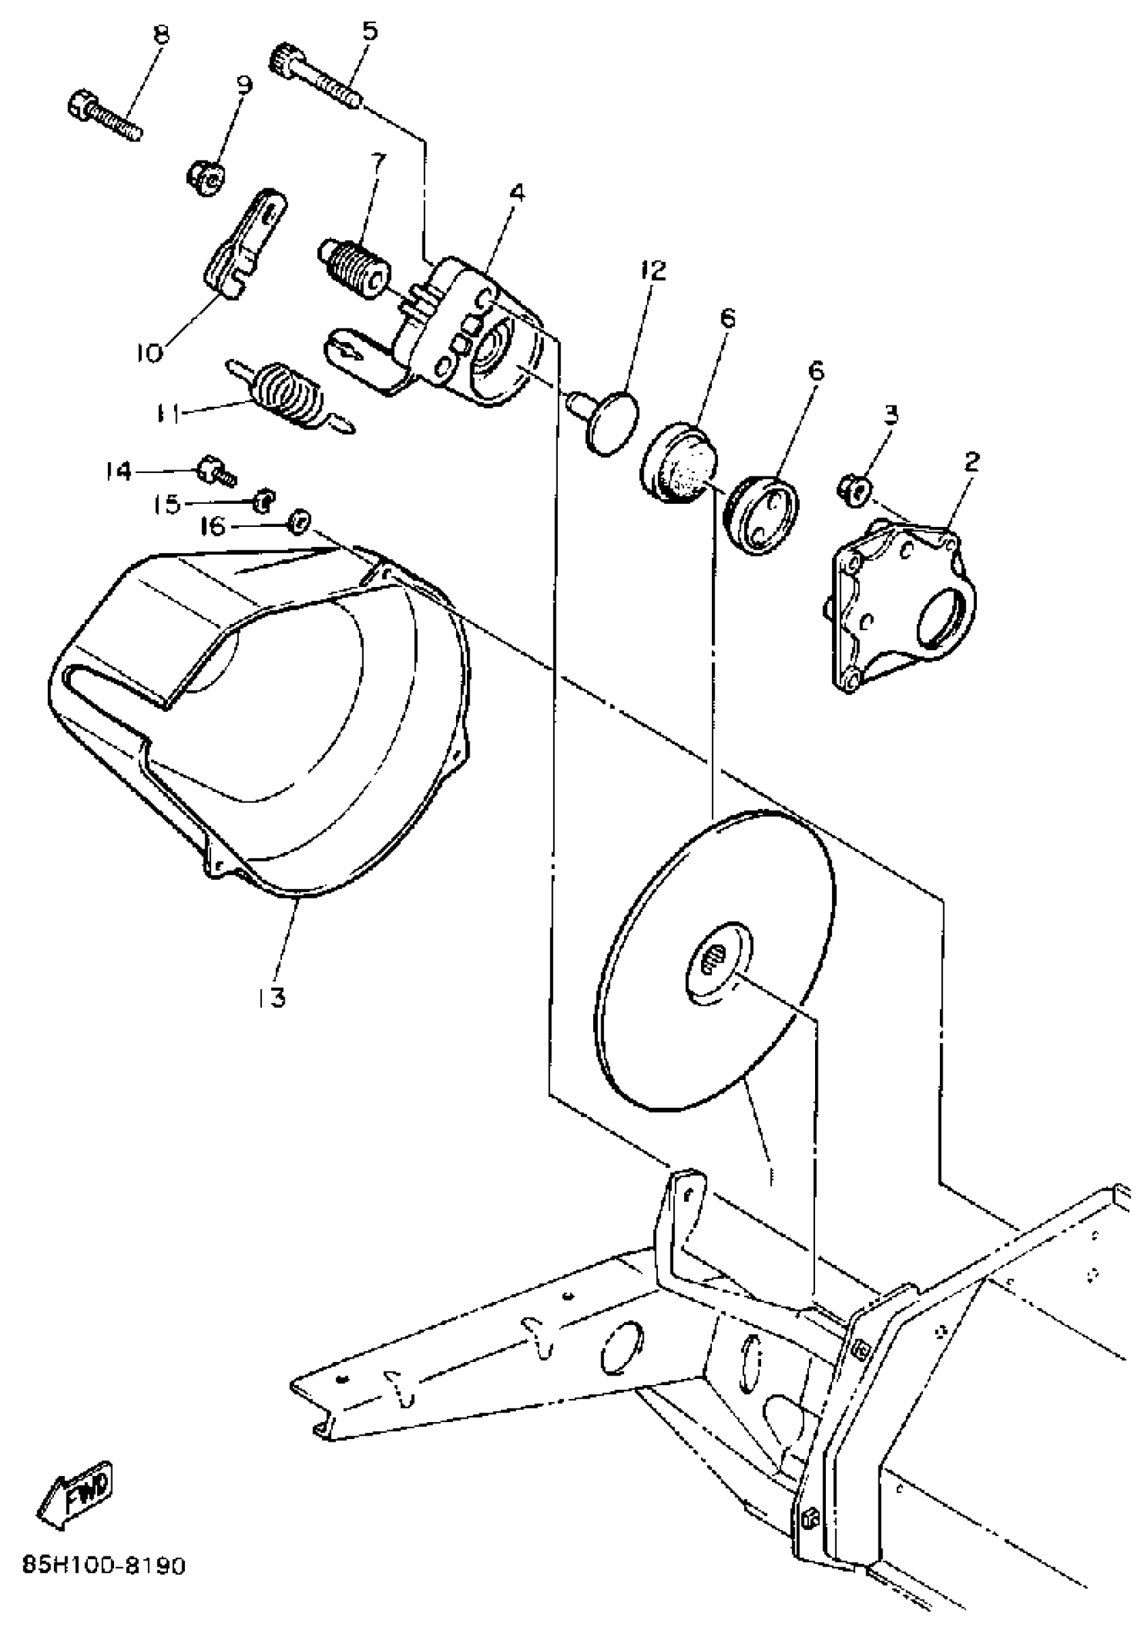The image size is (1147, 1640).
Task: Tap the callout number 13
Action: pos(273,996)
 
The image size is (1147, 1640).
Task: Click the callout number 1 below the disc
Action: pos(769,1175)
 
